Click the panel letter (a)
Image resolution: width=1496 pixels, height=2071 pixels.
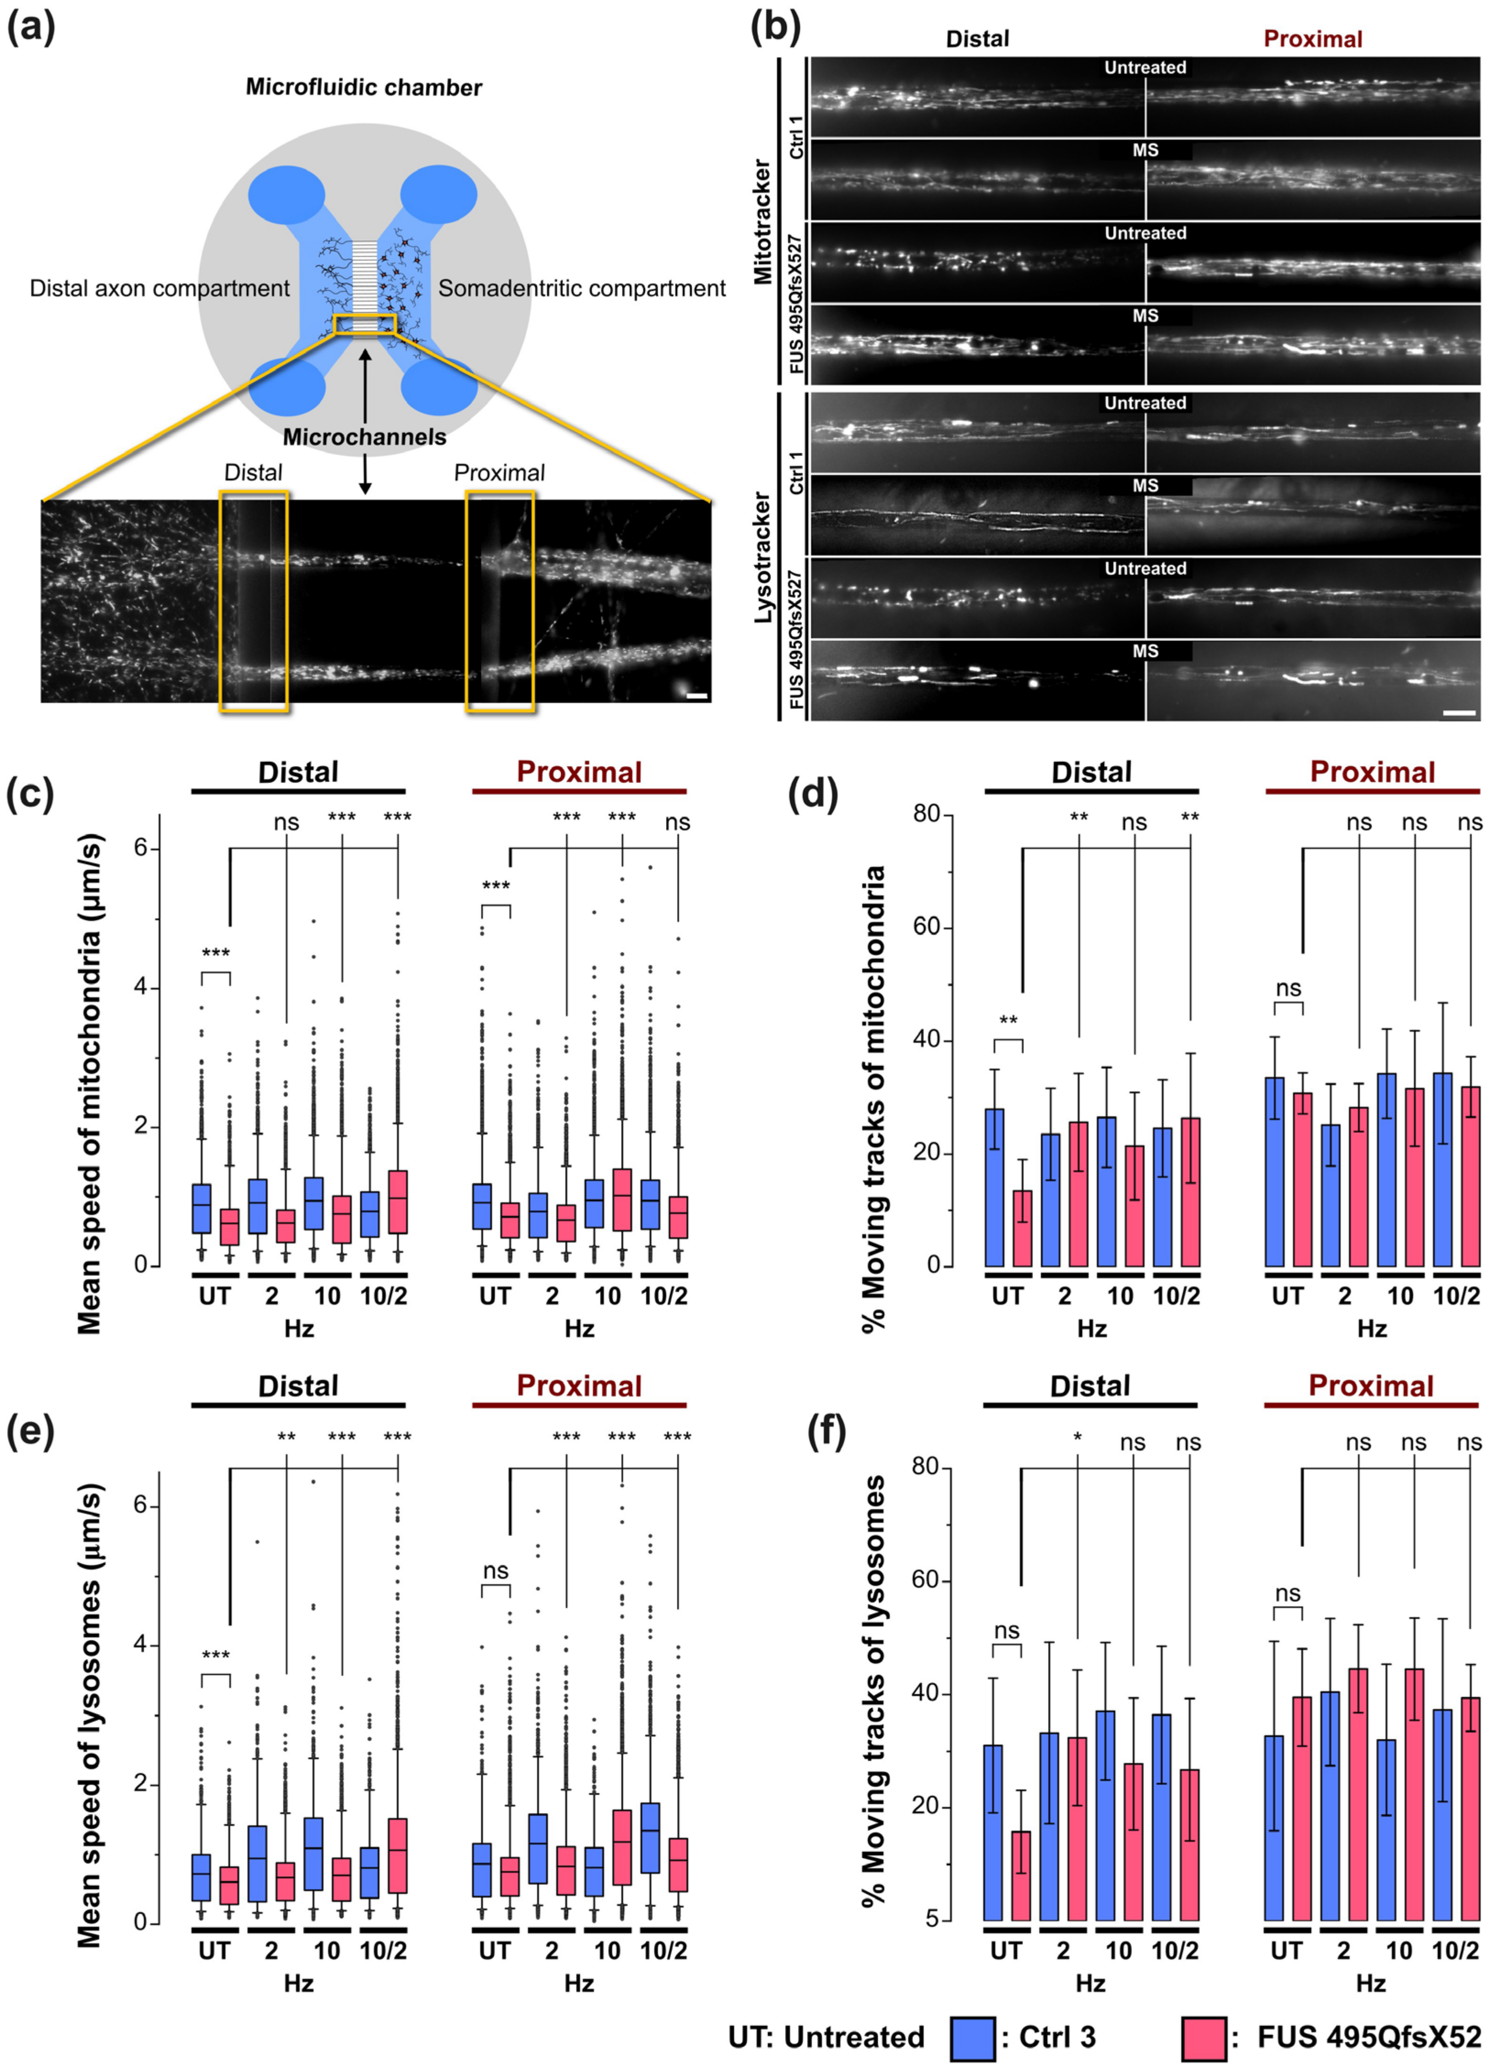pyautogui.click(x=30, y=27)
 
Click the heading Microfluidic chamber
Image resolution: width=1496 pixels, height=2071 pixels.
pyautogui.click(x=363, y=88)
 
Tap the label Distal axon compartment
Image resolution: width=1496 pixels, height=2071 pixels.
pyautogui.click(x=160, y=289)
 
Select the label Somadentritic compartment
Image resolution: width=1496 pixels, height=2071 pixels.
pyautogui.click(x=582, y=289)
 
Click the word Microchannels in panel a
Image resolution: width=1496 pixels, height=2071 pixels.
pyautogui.click(x=364, y=438)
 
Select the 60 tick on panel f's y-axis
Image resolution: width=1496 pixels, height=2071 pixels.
pyautogui.click(x=927, y=1580)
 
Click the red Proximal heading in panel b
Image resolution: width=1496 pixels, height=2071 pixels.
pyautogui.click(x=1312, y=39)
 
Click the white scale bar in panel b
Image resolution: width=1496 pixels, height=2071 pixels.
pyautogui.click(x=1458, y=712)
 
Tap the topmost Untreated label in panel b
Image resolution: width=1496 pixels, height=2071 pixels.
pyautogui.click(x=1145, y=67)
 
